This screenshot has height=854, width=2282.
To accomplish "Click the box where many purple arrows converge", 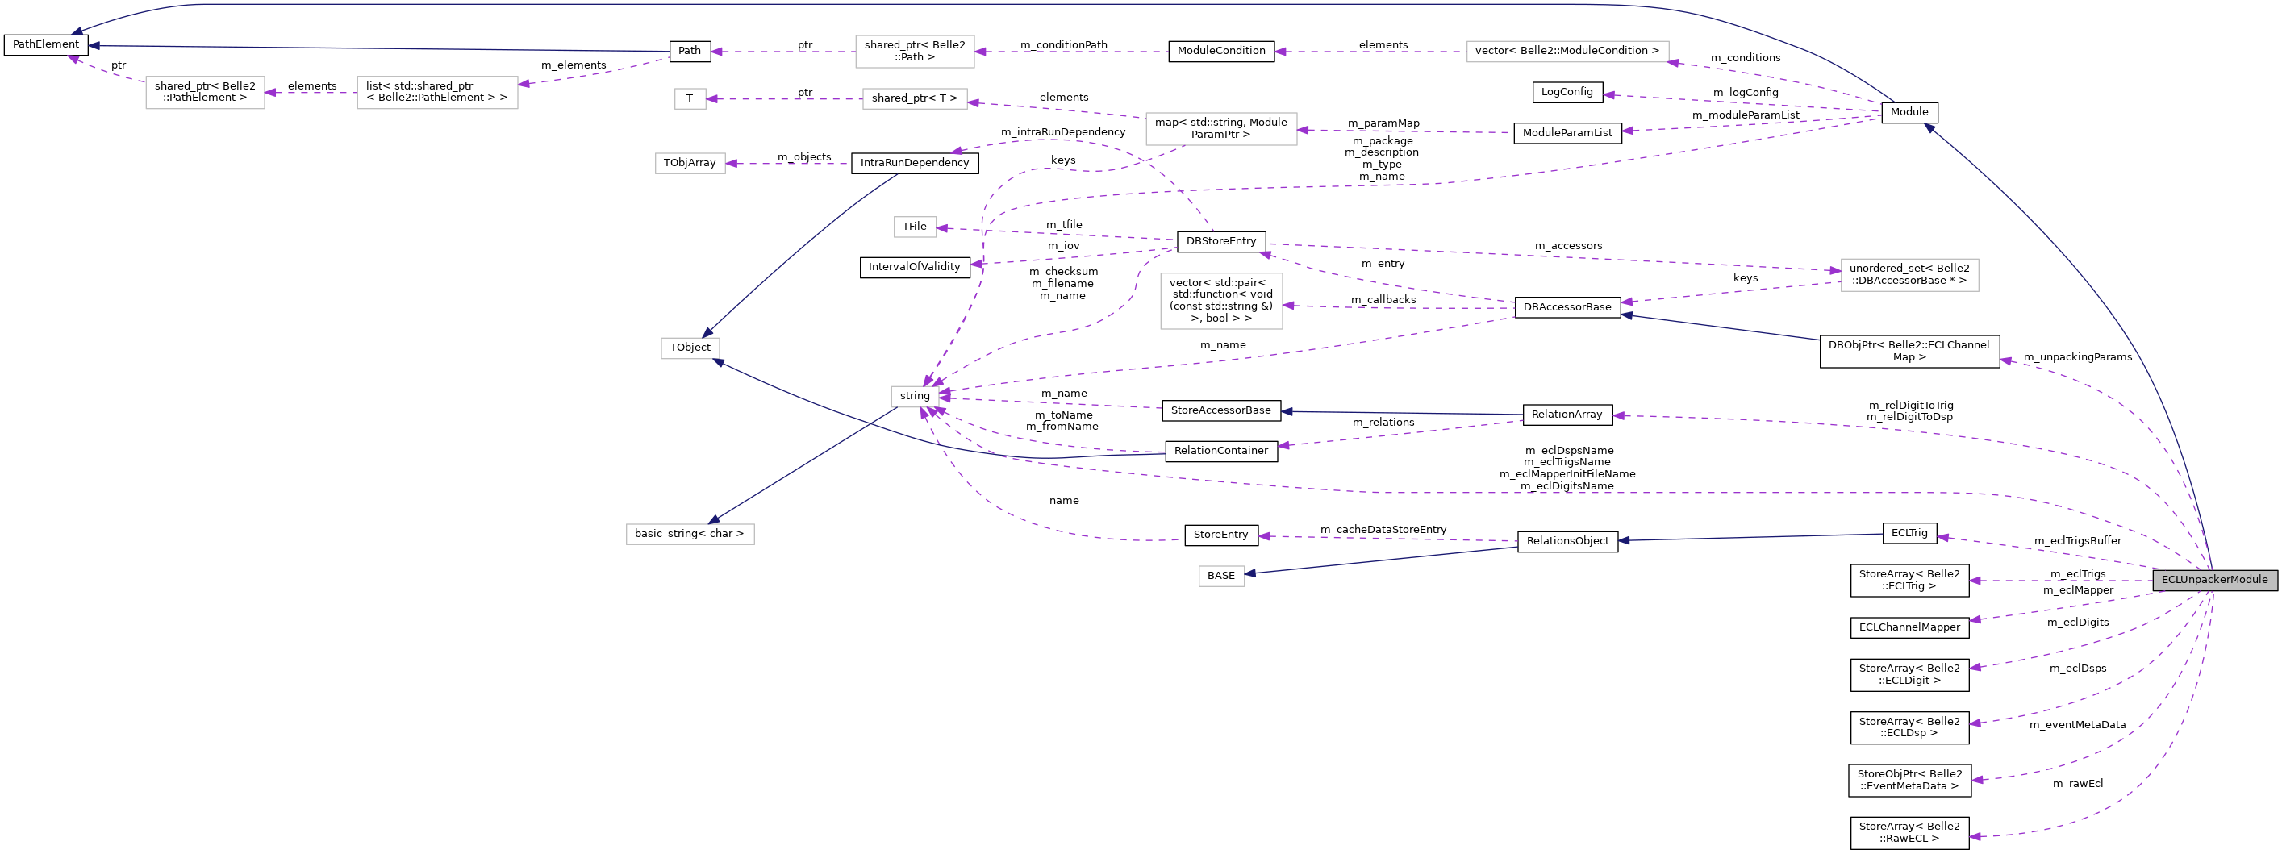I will (914, 397).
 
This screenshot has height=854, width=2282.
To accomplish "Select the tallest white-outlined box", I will (1220, 302).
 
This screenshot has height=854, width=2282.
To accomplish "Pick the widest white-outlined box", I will (1567, 52).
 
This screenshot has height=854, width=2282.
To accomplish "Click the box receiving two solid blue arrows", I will (690, 348).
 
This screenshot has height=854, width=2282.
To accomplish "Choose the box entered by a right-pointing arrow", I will (1909, 275).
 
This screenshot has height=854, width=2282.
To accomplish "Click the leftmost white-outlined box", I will (205, 93).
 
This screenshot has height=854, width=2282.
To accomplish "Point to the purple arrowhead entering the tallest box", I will (1289, 306).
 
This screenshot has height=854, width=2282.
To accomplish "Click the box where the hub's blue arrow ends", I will (690, 534).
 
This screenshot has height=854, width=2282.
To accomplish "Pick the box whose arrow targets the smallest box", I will (914, 99).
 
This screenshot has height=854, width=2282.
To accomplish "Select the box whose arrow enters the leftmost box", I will (436, 93).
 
